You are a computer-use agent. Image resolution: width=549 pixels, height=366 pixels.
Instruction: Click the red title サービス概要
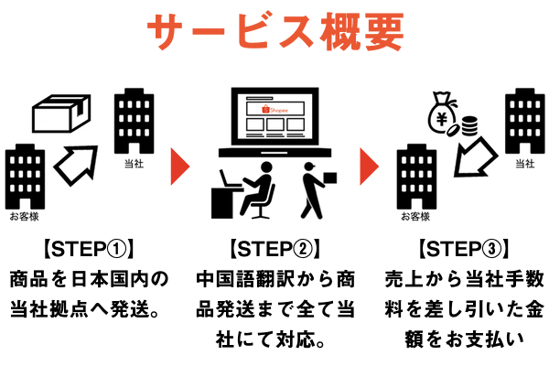(x=274, y=32)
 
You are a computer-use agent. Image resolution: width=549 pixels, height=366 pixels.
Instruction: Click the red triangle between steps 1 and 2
(x=180, y=166)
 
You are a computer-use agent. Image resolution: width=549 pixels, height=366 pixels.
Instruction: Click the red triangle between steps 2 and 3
(x=369, y=166)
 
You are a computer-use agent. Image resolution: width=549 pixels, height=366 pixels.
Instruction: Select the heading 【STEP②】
(x=274, y=249)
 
